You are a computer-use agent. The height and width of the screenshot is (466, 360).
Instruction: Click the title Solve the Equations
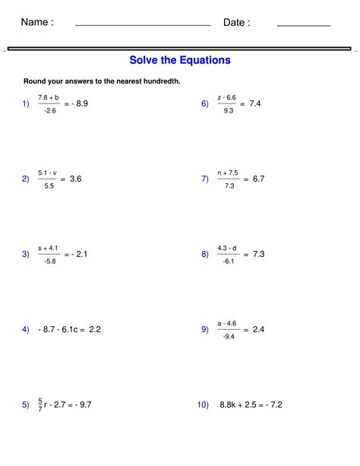[x=180, y=60]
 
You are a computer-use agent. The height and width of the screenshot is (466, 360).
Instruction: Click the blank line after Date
[x=303, y=26]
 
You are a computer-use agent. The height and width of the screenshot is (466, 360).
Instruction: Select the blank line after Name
[x=143, y=26]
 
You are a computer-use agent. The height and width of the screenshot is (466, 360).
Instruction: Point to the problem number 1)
[x=26, y=103]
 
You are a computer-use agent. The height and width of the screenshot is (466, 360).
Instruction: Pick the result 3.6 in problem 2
[x=75, y=179]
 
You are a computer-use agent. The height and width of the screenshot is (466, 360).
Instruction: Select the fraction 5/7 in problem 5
[x=40, y=405]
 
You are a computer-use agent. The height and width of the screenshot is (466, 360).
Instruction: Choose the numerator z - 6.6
[x=227, y=97]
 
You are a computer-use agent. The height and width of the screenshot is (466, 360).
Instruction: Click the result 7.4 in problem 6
[x=254, y=103]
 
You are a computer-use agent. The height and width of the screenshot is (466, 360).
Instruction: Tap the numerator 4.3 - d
[x=227, y=248]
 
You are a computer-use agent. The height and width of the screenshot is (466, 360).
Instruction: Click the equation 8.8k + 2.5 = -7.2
[x=251, y=405]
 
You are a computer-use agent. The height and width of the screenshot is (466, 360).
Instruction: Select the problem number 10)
[x=203, y=405]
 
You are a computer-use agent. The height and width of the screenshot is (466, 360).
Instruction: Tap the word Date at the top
[x=236, y=23]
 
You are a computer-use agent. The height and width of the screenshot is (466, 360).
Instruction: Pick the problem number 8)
[x=205, y=254]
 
